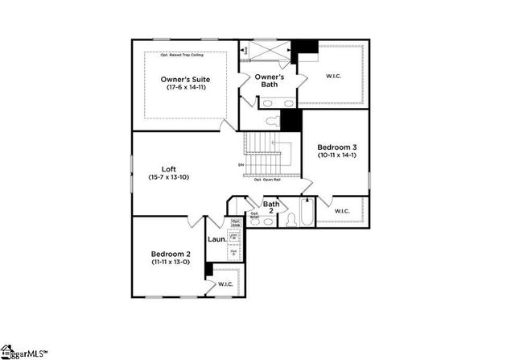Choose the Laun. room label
(x=216, y=238)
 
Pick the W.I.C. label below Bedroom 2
(x=225, y=284)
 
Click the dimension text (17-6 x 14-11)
(x=185, y=87)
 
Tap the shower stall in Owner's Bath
(x=266, y=50)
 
